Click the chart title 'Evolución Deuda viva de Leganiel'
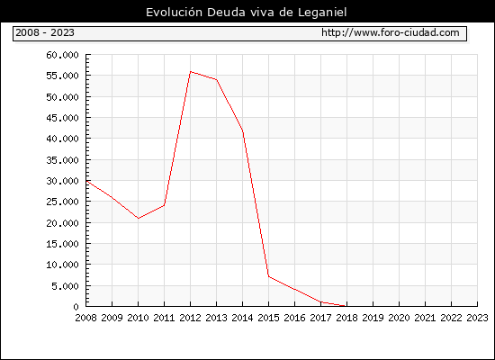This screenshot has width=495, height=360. point(247,13)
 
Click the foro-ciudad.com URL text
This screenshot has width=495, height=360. point(391,32)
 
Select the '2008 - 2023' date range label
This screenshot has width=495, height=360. point(45,32)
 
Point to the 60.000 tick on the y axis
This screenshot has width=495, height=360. point(62,55)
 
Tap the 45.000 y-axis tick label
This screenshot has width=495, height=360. point(62,118)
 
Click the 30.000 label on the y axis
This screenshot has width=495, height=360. point(62,181)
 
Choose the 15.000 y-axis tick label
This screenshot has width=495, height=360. point(62,244)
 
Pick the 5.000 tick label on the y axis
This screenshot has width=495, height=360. point(65,286)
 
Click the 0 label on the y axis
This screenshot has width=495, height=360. point(76,307)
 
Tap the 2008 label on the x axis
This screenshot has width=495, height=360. point(85,318)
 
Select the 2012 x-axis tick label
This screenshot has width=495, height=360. point(191,318)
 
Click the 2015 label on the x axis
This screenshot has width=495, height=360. point(269,318)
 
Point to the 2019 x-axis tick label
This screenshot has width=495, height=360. point(373,318)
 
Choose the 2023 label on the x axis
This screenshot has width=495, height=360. point(477,318)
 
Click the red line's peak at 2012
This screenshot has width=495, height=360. point(191,72)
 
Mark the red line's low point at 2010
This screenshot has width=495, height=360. point(139,218)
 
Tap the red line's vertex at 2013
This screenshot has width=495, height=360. point(217,79)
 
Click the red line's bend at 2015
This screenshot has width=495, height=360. point(269,276)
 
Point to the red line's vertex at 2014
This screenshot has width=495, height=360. point(242,130)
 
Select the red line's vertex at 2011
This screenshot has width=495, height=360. point(164,205)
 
